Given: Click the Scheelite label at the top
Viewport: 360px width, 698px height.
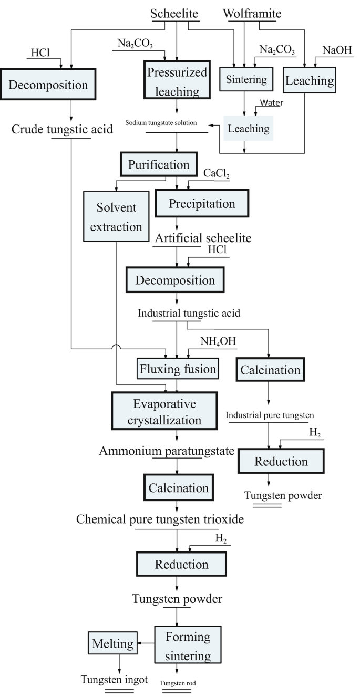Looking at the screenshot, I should [x=175, y=14].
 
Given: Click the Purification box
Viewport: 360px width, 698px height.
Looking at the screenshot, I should [x=159, y=164].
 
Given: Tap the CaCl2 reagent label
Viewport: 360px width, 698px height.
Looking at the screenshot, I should [x=217, y=173].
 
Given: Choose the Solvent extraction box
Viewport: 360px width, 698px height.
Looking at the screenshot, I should [x=116, y=217].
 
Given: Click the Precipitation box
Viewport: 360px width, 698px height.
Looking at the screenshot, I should [x=202, y=203].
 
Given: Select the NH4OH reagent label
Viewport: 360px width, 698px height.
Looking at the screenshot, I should [x=218, y=341].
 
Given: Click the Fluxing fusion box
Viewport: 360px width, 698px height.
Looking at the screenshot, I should [x=178, y=369].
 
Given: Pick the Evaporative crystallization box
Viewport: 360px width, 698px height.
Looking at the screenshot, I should [x=164, y=412].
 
